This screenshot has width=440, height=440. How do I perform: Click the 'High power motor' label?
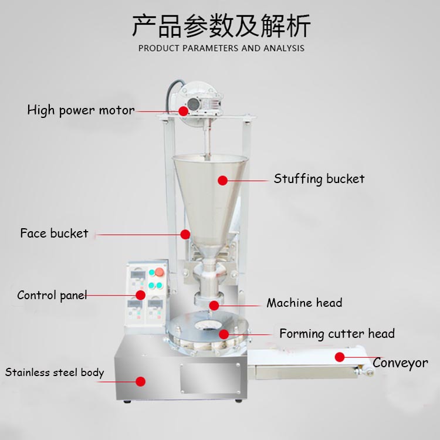[x=81, y=110]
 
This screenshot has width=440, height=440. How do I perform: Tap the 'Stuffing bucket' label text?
[x=319, y=179]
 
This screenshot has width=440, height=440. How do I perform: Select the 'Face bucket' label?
[x=54, y=233]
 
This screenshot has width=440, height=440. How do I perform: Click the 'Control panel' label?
[x=52, y=296]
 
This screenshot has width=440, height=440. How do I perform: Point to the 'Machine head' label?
[x=304, y=303]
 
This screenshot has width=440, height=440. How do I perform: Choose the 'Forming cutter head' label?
[x=337, y=334]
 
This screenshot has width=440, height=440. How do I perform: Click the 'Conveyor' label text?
[x=401, y=363]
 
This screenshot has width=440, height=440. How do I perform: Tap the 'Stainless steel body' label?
[x=55, y=373]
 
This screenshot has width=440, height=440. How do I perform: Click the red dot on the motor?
[x=183, y=111]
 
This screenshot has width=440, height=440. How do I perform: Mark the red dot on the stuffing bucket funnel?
[x=222, y=181]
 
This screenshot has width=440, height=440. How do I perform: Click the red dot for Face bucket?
[x=185, y=234]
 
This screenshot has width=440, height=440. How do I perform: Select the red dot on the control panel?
[x=140, y=295]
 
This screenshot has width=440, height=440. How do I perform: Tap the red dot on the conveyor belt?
[x=340, y=357]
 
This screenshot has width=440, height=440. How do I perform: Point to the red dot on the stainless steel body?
[x=140, y=381]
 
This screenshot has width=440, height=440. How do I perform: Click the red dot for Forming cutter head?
[x=224, y=334]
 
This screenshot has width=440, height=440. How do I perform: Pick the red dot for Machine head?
[x=214, y=306]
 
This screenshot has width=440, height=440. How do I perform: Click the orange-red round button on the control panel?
[x=159, y=272]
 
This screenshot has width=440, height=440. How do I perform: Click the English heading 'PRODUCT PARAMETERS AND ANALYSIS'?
[x=221, y=48]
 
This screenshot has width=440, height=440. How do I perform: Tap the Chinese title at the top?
[x=221, y=26]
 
